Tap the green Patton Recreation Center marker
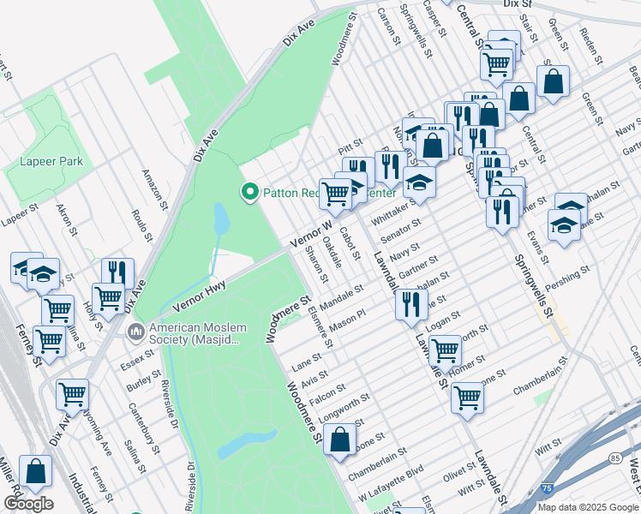250,192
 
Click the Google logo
28,504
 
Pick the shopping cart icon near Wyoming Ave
72,394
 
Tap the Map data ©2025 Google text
587,507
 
